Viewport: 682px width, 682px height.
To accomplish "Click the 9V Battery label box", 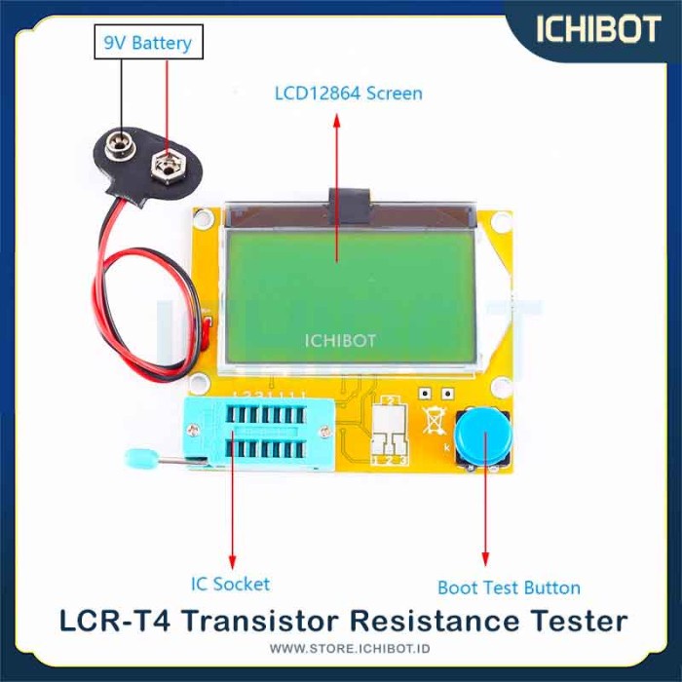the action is (x=149, y=42).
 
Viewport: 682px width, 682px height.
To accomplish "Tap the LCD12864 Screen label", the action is (x=349, y=94).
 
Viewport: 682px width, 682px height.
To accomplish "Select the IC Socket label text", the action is (x=231, y=584).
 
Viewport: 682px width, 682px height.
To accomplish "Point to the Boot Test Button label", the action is (x=509, y=587).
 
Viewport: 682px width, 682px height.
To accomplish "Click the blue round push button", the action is (x=482, y=436).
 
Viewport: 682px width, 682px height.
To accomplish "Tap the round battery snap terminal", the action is (x=120, y=145).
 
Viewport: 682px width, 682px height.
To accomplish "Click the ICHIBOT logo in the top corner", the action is (x=598, y=29).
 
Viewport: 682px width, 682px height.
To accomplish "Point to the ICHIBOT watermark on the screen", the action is (x=340, y=341).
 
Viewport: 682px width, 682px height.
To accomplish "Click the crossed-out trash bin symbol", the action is (x=435, y=420).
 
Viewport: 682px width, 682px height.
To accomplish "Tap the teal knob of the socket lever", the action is (x=141, y=458).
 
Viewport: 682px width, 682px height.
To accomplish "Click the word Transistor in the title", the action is (x=260, y=622).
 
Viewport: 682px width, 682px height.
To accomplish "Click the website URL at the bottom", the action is (x=350, y=649).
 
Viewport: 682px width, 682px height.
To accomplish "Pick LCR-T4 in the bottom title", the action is (x=115, y=622).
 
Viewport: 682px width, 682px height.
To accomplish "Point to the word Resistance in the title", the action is (x=434, y=622).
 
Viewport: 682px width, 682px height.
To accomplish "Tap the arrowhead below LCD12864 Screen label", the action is (x=337, y=122).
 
